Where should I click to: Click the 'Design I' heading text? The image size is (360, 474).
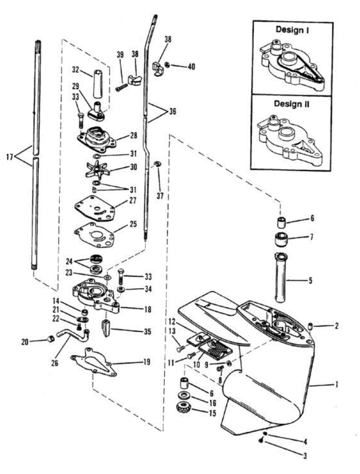(292, 30)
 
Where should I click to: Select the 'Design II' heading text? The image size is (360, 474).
(292, 103)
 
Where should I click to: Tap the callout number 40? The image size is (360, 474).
(191, 66)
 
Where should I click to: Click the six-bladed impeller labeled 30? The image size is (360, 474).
(98, 169)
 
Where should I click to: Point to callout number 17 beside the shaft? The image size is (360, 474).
(10, 157)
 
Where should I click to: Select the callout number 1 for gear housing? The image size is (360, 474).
(336, 385)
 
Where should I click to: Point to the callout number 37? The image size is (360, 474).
(160, 196)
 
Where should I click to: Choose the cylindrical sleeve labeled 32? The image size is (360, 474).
(97, 84)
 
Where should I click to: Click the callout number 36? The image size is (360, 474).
(172, 112)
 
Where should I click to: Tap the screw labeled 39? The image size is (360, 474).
(121, 88)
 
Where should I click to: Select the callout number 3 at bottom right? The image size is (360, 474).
(305, 455)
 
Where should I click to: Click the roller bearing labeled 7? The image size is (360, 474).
(281, 239)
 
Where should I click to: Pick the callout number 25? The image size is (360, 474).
(133, 224)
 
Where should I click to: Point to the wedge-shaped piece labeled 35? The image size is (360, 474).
(106, 327)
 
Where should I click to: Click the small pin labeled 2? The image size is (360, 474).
(310, 326)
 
